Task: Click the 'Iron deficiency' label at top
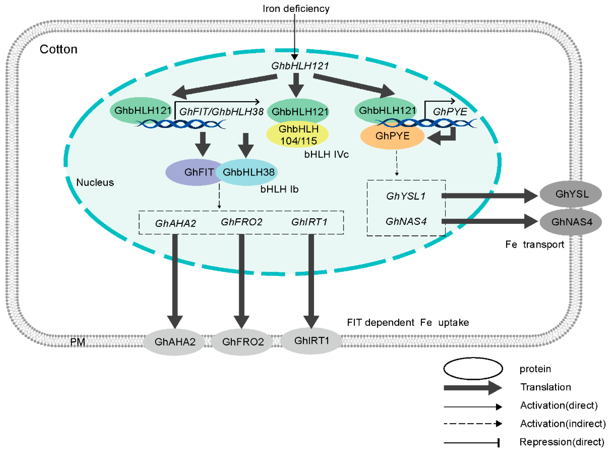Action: (x=296, y=9)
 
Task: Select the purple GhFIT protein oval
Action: (x=192, y=172)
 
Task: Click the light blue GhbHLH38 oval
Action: (x=248, y=172)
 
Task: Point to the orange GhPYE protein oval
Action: (x=392, y=136)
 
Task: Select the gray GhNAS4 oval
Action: (x=571, y=222)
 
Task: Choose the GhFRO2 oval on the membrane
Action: (x=243, y=342)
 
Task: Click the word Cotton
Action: (x=58, y=49)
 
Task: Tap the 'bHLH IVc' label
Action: (x=326, y=155)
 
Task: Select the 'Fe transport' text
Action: (x=534, y=244)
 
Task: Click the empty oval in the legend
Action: (x=473, y=369)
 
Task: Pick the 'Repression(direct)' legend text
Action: (x=562, y=442)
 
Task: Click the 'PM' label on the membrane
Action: (x=77, y=342)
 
